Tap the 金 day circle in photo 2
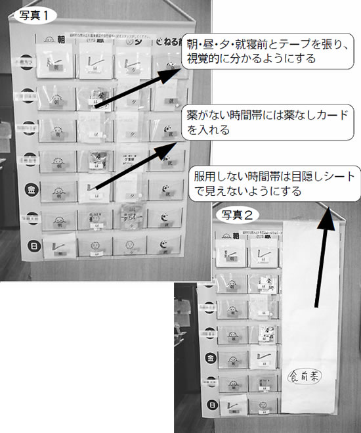(211, 358)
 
